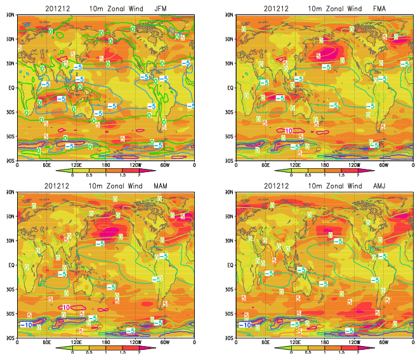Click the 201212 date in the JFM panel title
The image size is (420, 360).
pyautogui.click(x=57, y=8)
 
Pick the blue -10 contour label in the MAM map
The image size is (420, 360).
pyautogui.click(x=27, y=325)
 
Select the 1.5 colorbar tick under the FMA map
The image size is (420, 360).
pyautogui.click(x=341, y=174)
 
